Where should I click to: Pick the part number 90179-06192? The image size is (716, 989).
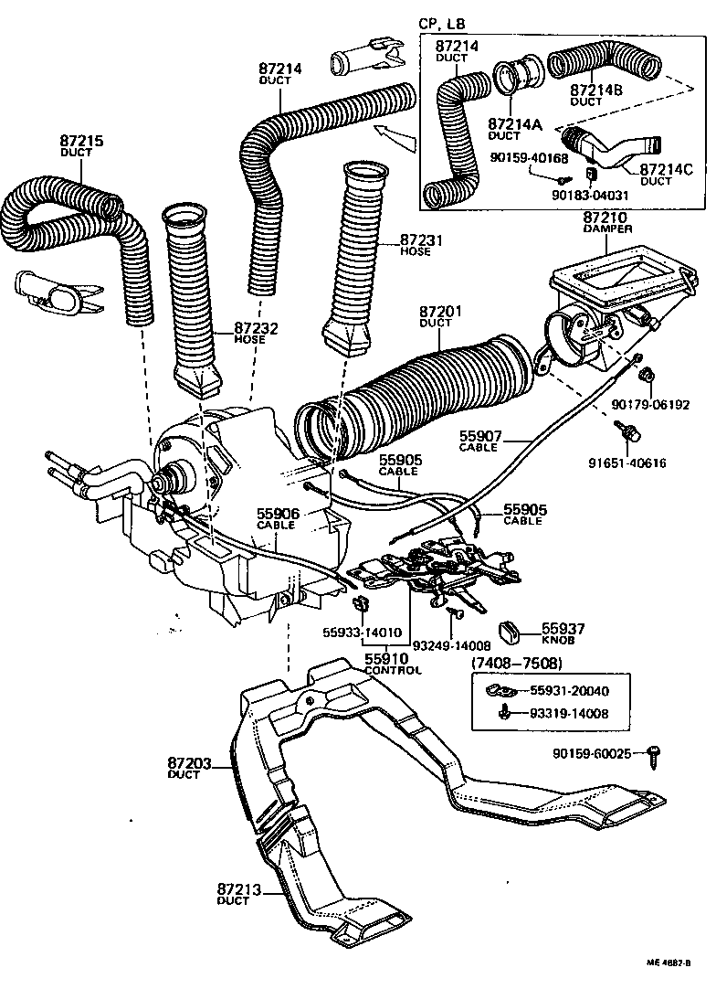tap(650, 403)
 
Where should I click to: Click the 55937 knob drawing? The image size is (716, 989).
tap(510, 630)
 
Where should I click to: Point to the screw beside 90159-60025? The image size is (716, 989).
tap(654, 753)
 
